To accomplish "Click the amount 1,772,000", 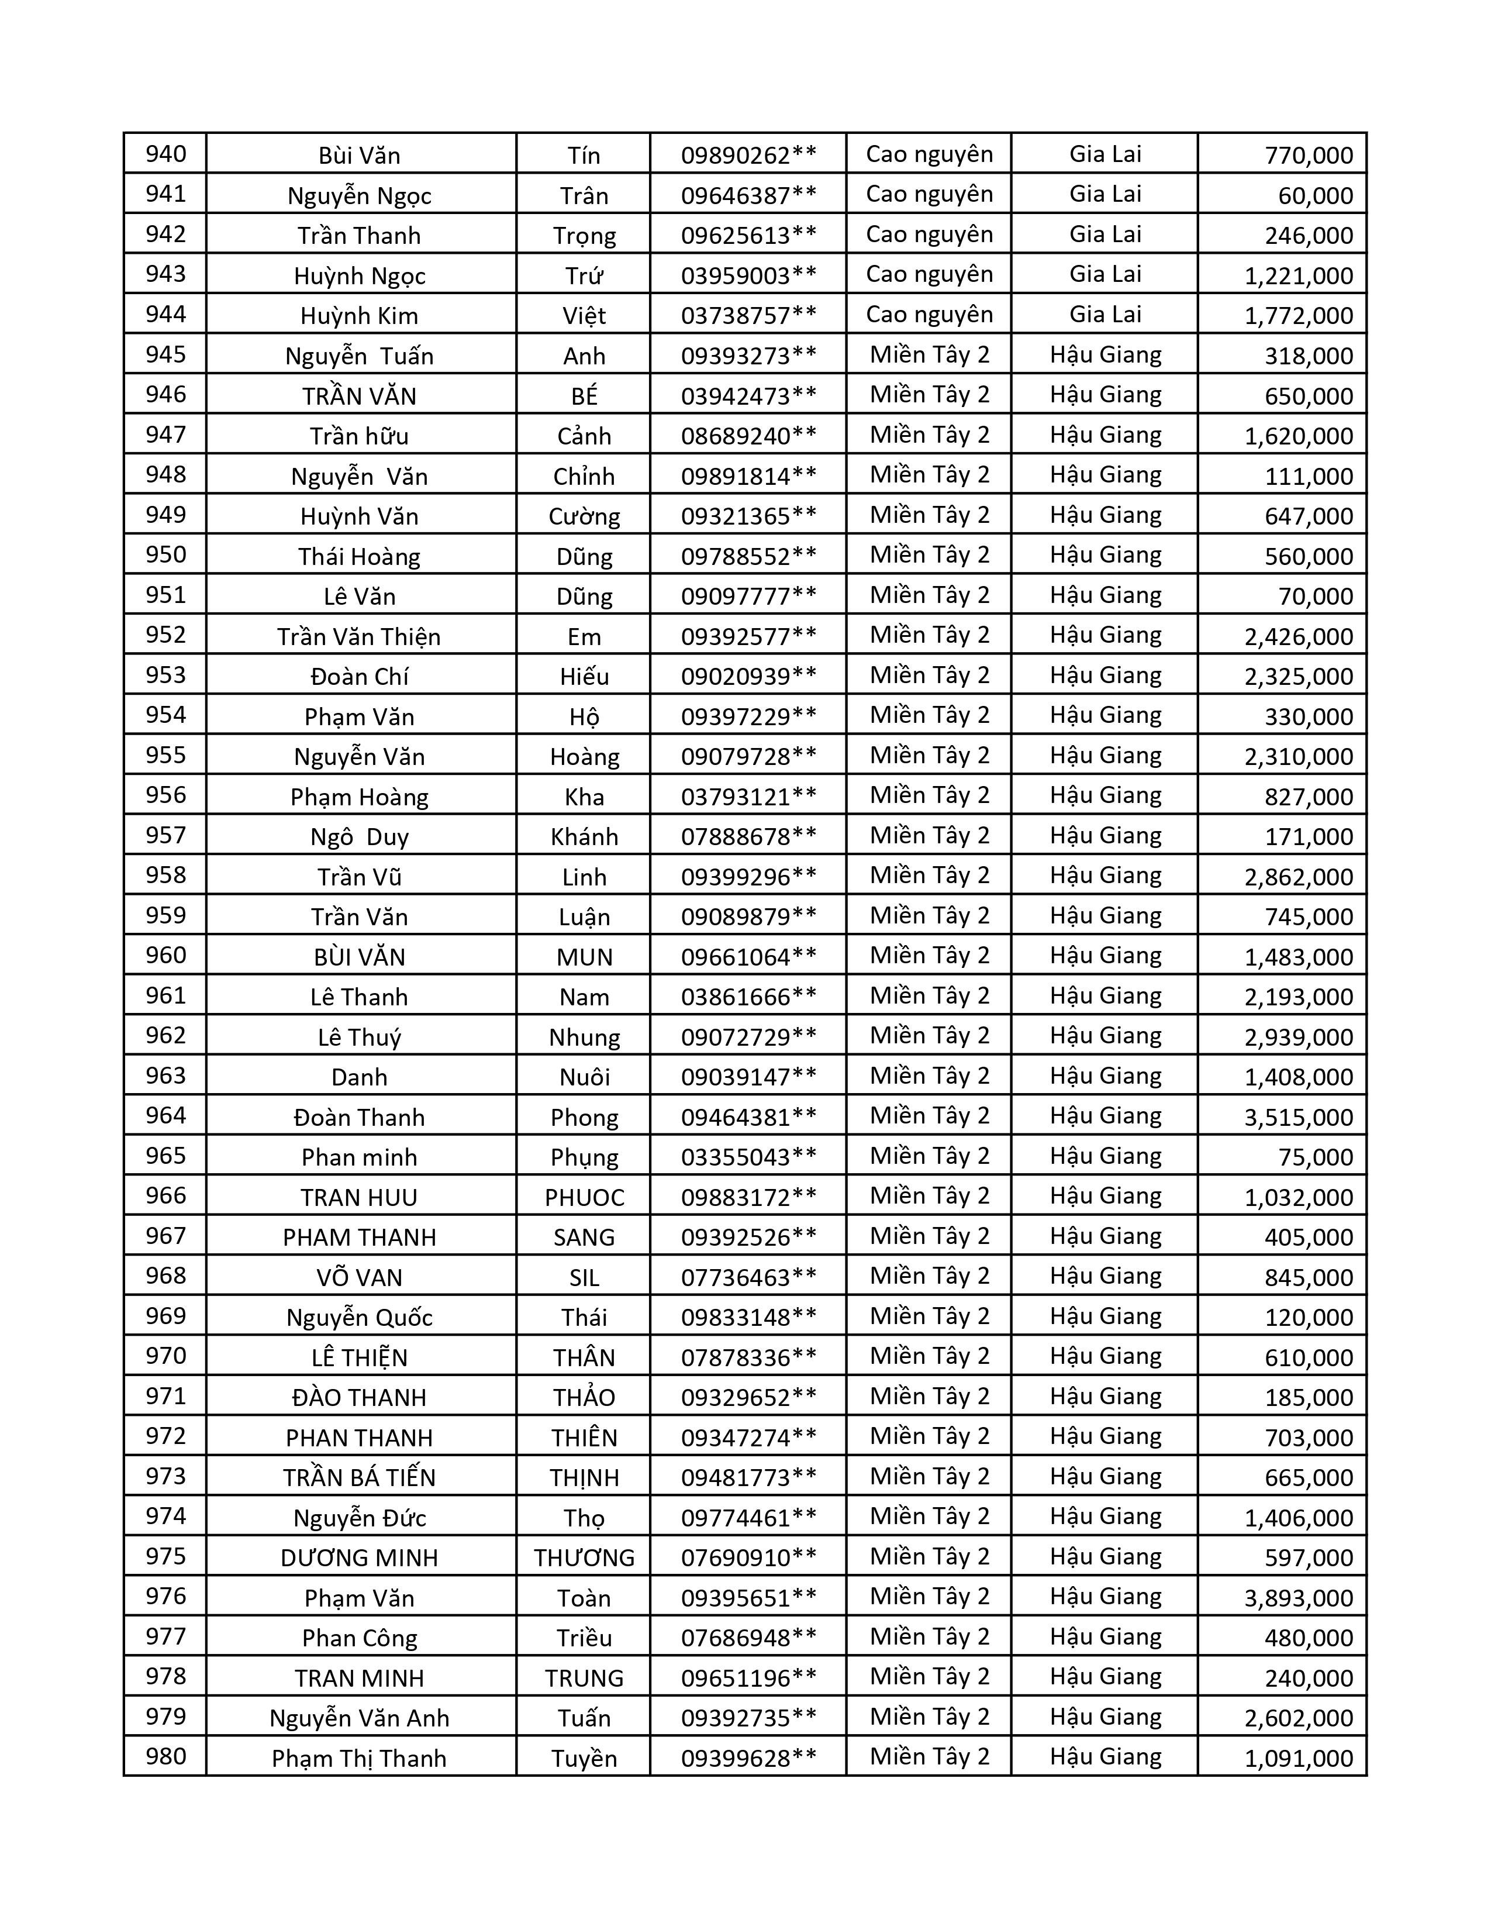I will (1299, 315).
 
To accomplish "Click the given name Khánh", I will (584, 836).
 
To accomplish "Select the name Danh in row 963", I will (360, 1076).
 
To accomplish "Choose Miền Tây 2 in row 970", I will (929, 1356).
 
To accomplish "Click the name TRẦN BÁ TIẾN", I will (360, 1477).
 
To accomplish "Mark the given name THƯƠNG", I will (584, 1557).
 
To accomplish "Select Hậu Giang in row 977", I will (1105, 1636).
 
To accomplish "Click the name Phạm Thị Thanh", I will (360, 1757).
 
